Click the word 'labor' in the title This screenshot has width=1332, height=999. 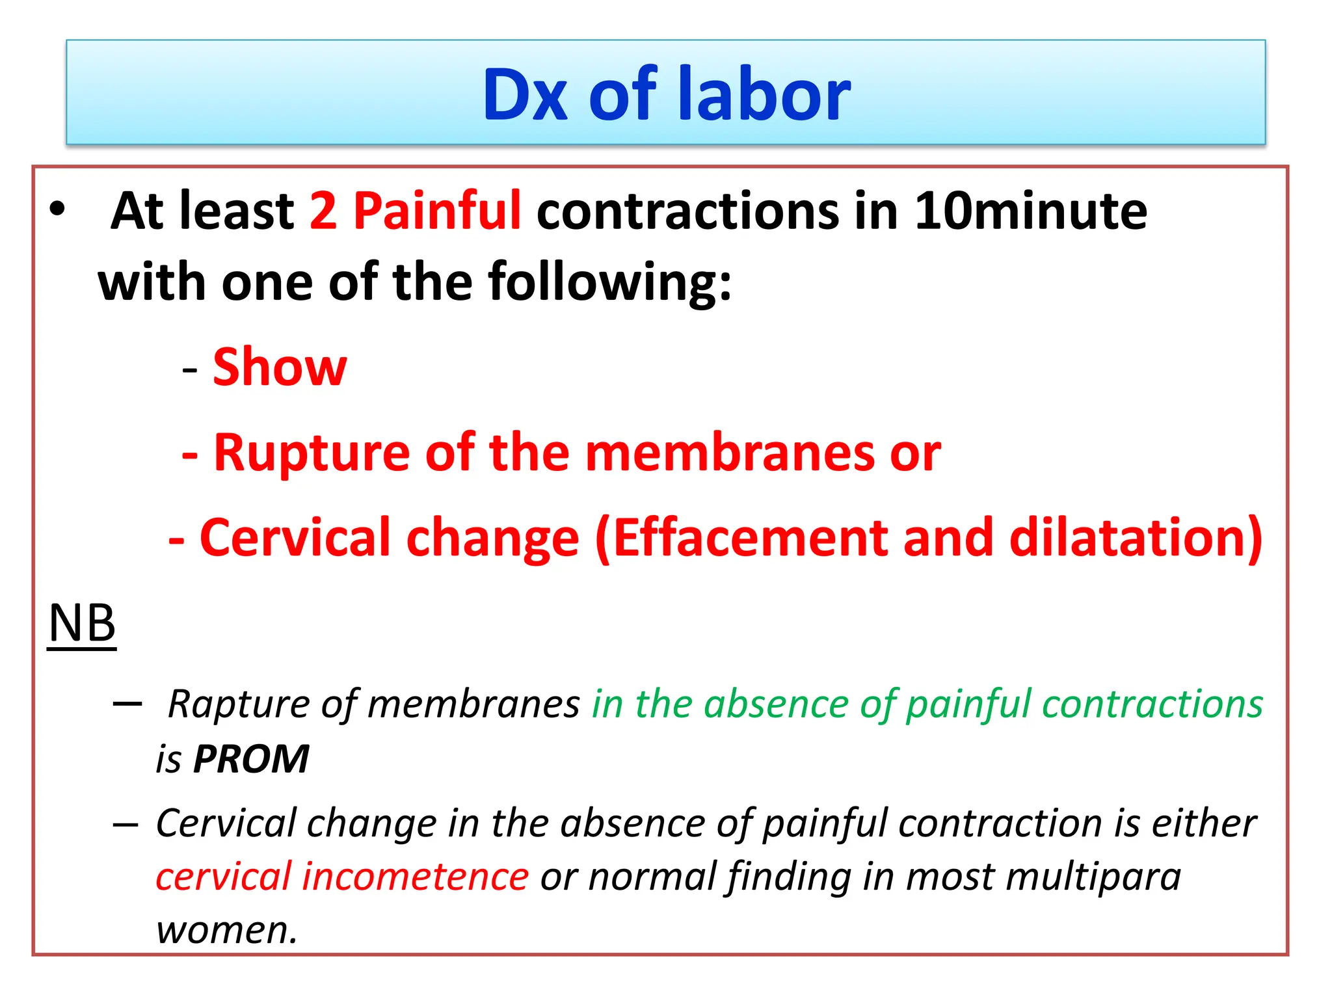click(x=764, y=94)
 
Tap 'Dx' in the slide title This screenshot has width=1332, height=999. click(x=525, y=96)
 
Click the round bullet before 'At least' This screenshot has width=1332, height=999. click(x=57, y=209)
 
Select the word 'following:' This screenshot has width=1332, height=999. click(x=610, y=282)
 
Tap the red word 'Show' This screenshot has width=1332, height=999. click(x=280, y=367)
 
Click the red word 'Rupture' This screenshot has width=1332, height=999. click(x=312, y=453)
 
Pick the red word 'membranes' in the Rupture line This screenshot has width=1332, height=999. click(x=730, y=453)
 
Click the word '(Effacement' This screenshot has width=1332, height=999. click(x=741, y=538)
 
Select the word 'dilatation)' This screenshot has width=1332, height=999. click(x=1136, y=538)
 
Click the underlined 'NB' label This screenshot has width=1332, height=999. click(x=82, y=623)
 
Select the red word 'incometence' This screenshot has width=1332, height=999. click(x=416, y=876)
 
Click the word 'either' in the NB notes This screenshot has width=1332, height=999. click(x=1204, y=823)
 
